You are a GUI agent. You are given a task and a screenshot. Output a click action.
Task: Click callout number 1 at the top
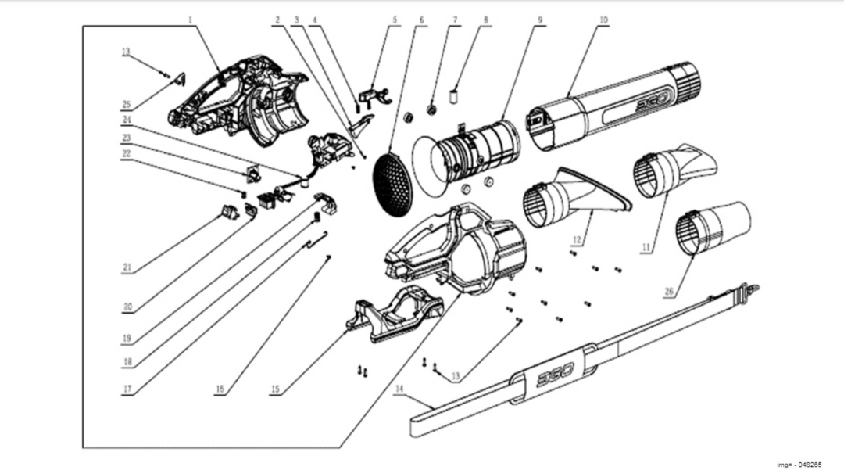click(190, 19)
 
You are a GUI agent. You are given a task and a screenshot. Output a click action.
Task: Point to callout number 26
click(669, 292)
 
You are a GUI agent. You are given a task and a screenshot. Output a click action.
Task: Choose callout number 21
click(127, 267)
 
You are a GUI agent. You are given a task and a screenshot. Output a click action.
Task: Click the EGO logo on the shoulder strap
click(556, 375)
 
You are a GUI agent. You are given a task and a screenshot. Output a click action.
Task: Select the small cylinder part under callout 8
click(451, 99)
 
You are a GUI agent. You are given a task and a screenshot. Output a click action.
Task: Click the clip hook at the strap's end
click(750, 290)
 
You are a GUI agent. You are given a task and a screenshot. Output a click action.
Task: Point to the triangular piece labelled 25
click(179, 79)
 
